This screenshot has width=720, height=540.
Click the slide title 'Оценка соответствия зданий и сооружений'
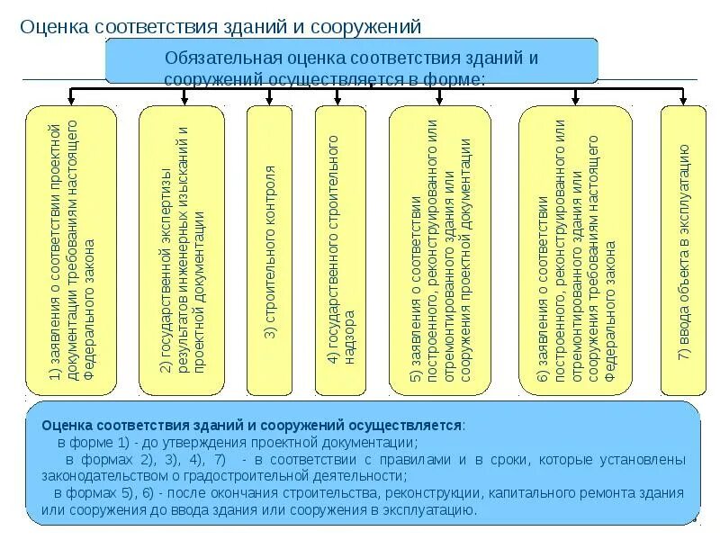220,26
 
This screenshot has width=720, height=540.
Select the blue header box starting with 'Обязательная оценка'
352,62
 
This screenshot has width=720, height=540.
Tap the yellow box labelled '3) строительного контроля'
267,250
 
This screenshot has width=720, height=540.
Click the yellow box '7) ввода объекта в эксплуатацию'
683,250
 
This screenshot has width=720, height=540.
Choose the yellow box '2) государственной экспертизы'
182,250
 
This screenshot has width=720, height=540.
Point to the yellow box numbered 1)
71,250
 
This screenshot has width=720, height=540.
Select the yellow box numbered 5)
440,250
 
